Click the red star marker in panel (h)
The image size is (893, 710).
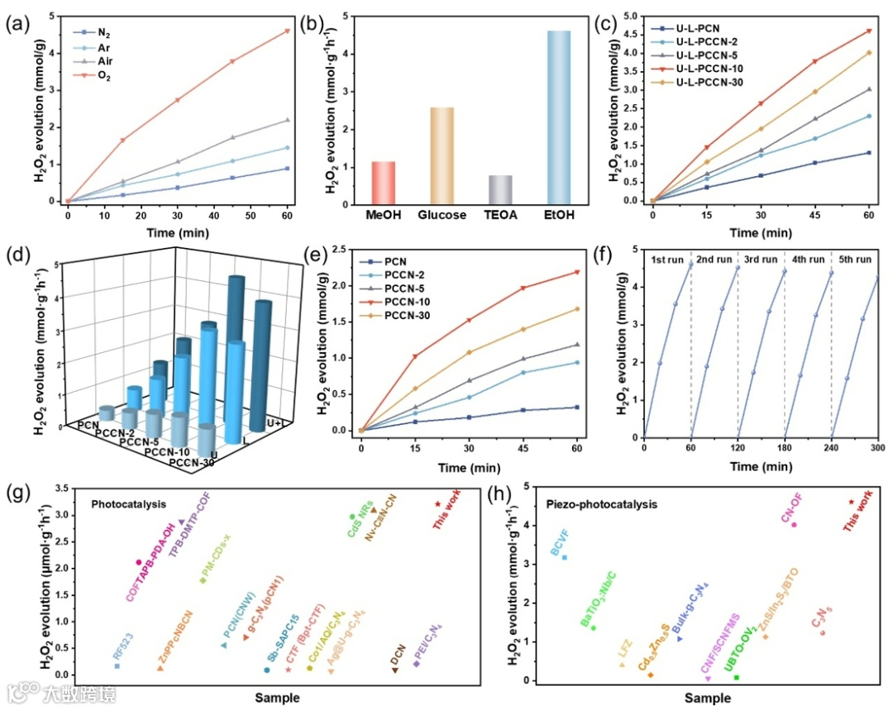coord(852,502)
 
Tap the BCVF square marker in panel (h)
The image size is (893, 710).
coord(564,557)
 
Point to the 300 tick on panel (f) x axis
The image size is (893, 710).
coord(876,447)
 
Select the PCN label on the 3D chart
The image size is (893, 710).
coord(88,425)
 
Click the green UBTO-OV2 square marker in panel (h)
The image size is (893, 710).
coord(737,678)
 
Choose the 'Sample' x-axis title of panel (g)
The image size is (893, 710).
coord(276,698)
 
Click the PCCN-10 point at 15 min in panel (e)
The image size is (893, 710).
coord(415,356)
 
